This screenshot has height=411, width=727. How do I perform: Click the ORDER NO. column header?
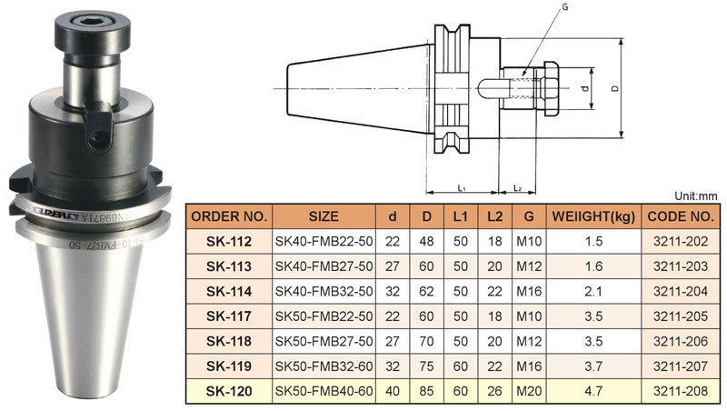click(x=229, y=217)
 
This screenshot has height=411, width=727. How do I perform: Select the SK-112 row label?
click(x=229, y=243)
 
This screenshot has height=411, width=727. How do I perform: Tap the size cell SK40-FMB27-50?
click(x=324, y=267)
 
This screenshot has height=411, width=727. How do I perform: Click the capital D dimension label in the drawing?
click(x=615, y=89)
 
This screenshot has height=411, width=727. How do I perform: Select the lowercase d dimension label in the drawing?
click(x=586, y=89)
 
